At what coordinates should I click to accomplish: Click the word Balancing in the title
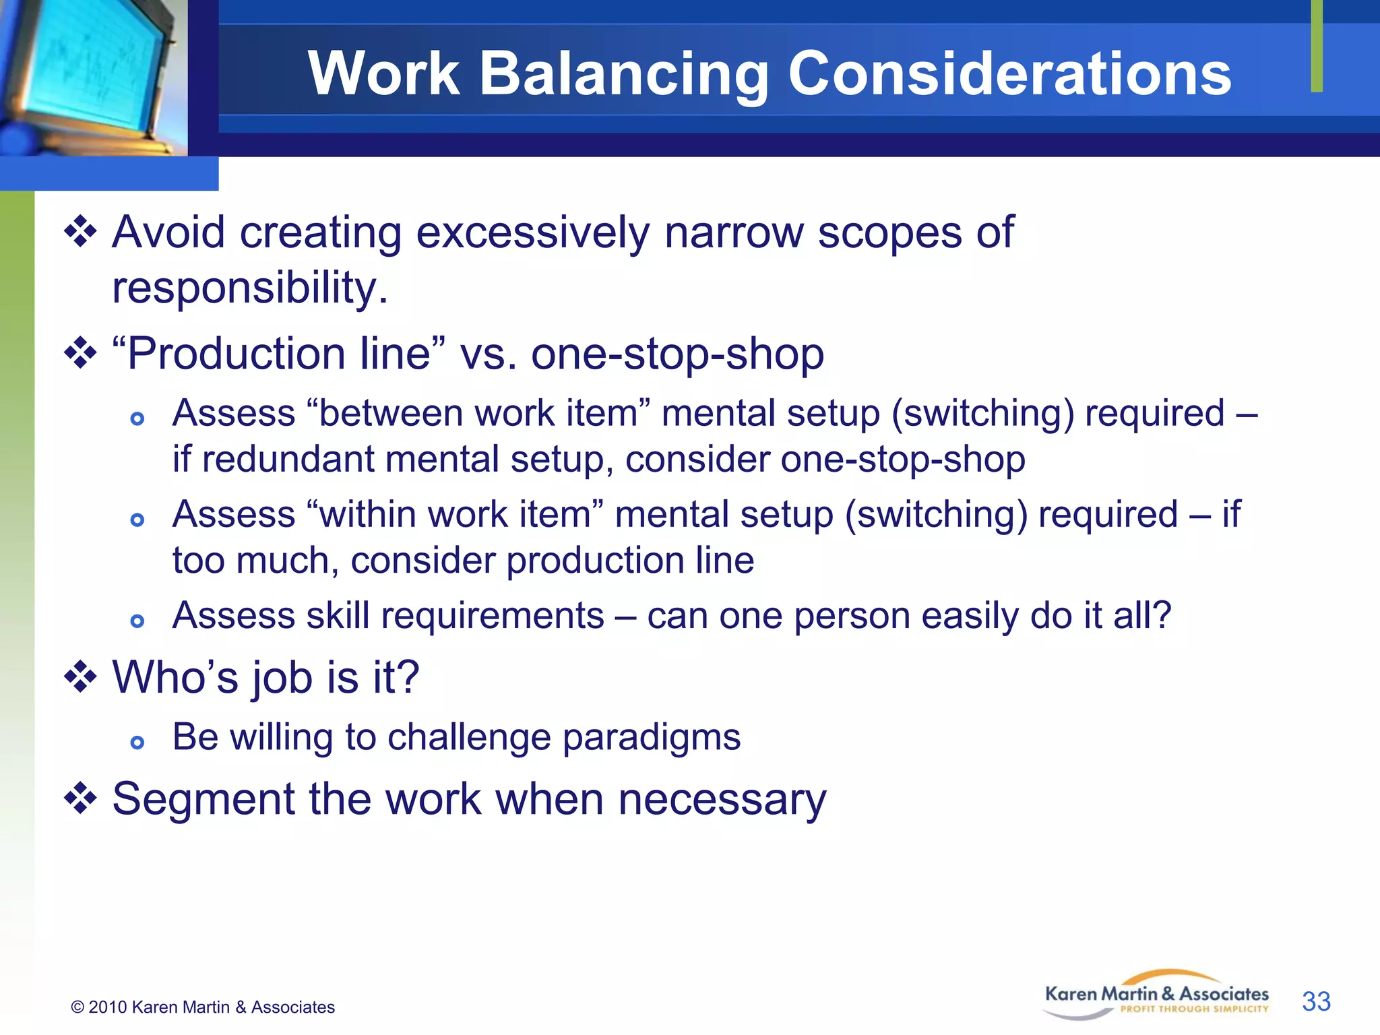[623, 74]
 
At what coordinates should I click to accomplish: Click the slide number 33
[1316, 1001]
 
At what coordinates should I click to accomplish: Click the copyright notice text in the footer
[203, 1007]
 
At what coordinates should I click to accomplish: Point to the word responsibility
[250, 288]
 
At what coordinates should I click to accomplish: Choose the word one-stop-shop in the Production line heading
[677, 354]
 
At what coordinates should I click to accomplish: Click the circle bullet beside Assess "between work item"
[137, 418]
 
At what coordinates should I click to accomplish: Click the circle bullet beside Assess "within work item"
[137, 520]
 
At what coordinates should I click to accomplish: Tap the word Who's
[175, 677]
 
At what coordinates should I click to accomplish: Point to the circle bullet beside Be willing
[137, 743]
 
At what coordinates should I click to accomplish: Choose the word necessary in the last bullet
[722, 800]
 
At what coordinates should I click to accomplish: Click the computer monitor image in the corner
[93, 77]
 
